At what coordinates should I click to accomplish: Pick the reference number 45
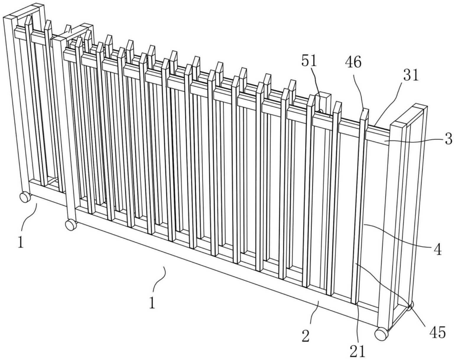[x=438, y=333]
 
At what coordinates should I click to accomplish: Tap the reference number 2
[x=306, y=335]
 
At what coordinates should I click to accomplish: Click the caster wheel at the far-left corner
[x=25, y=196]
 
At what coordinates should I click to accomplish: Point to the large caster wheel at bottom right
[x=381, y=334]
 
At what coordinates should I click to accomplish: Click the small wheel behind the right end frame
[x=411, y=305]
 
